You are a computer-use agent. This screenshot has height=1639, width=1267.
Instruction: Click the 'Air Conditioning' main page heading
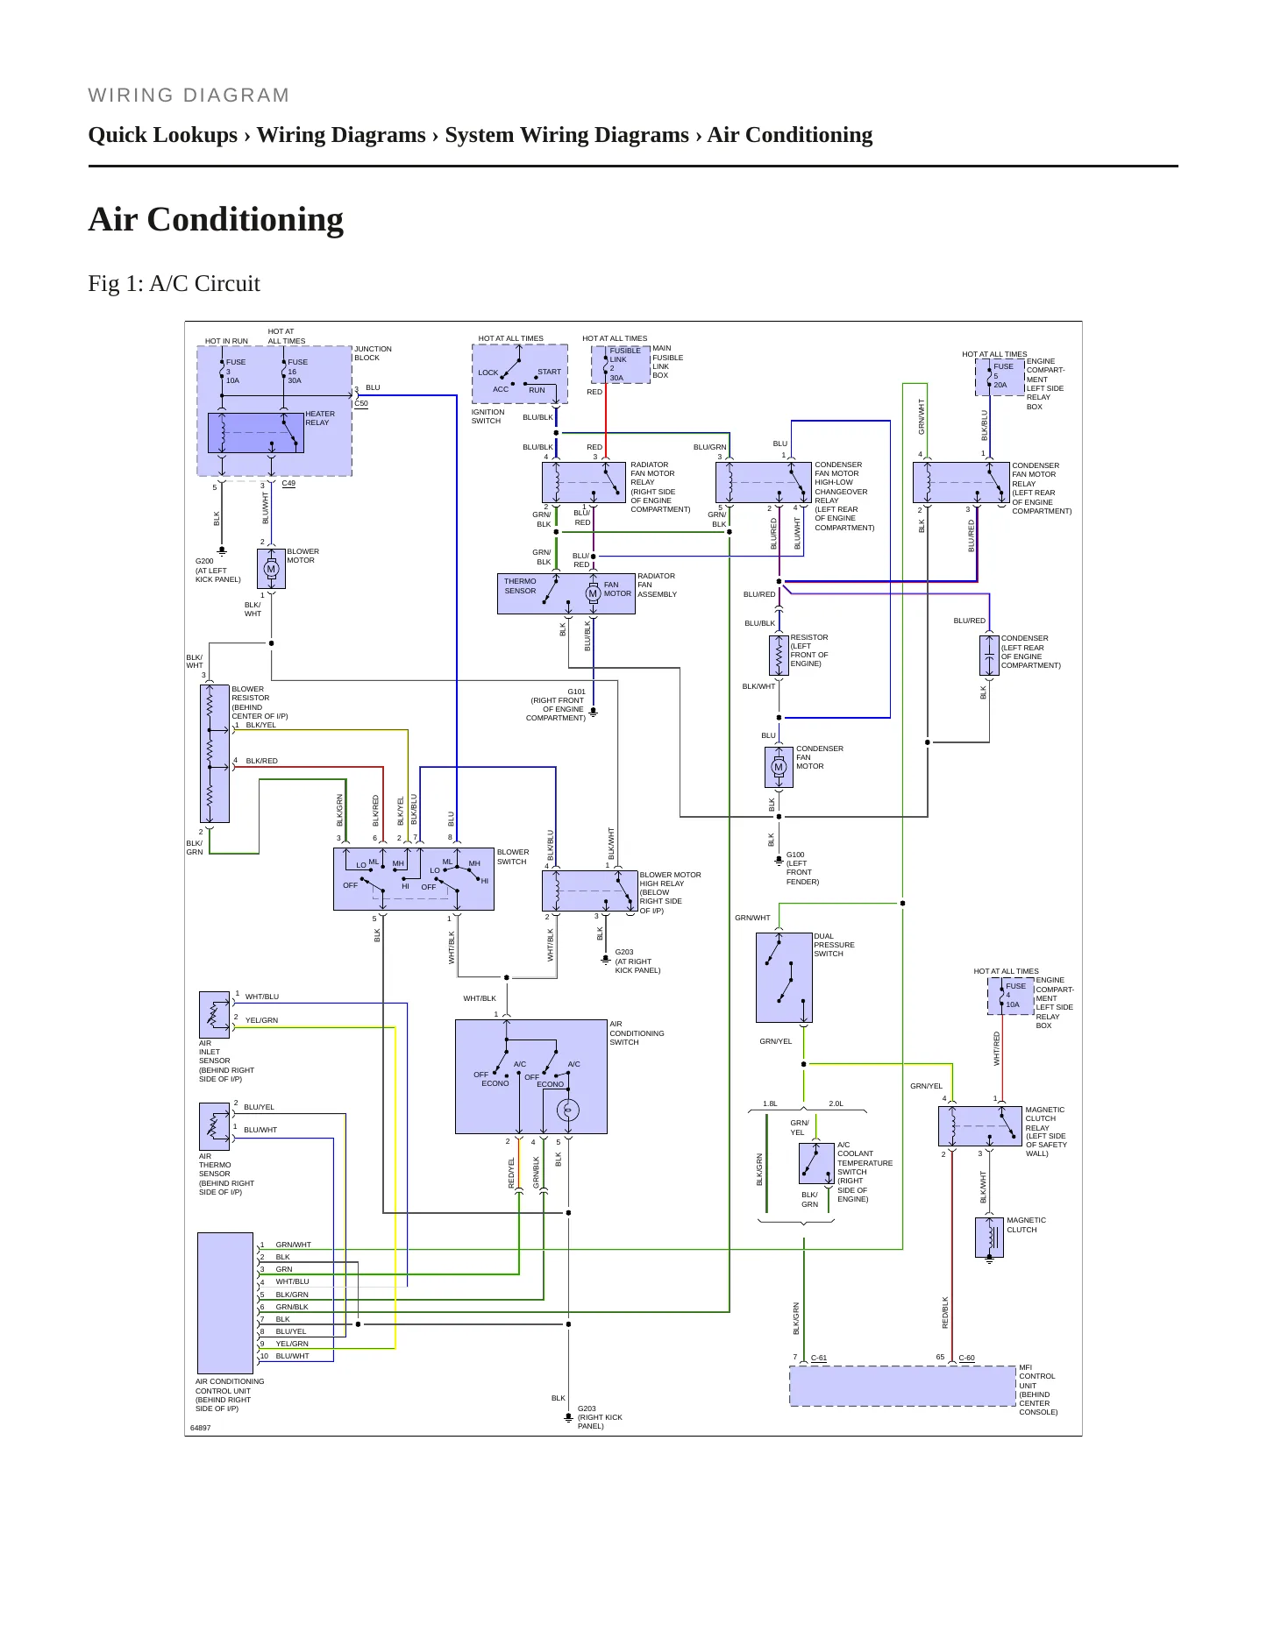[x=216, y=219]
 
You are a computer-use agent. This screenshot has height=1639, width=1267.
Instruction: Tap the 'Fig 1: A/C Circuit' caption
[x=174, y=283]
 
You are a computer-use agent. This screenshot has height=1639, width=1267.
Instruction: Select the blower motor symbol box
[x=271, y=569]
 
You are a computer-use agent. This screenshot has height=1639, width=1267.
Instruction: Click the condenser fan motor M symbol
[x=778, y=767]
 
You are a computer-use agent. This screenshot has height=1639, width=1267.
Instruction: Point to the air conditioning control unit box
[x=225, y=1303]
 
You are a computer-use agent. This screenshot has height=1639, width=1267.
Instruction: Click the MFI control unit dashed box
[x=902, y=1386]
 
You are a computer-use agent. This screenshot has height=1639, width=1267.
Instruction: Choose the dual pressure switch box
[x=784, y=977]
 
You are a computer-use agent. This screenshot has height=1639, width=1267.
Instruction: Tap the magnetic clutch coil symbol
[x=989, y=1238]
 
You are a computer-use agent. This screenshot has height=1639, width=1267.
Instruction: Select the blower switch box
[x=414, y=879]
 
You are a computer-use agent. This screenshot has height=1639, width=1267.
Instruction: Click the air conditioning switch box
[x=531, y=1076]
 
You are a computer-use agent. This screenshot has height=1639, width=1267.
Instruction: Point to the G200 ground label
[x=204, y=561]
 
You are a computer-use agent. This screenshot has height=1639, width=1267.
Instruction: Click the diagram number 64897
[x=201, y=1428]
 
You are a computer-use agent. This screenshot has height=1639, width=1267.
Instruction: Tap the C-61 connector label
[x=819, y=1358]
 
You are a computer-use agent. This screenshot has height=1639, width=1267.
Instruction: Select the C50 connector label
[x=361, y=404]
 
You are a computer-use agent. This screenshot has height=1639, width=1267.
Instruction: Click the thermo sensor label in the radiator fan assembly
[x=520, y=585]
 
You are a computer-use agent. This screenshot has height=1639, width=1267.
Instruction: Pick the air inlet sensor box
[x=214, y=1015]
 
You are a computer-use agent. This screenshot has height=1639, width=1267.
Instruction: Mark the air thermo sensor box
[x=214, y=1127]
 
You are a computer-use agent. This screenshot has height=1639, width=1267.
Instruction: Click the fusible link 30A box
[x=621, y=365]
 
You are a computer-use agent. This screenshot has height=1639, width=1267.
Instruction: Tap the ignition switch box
[x=520, y=373]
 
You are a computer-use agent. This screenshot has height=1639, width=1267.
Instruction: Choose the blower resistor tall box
[x=214, y=754]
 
